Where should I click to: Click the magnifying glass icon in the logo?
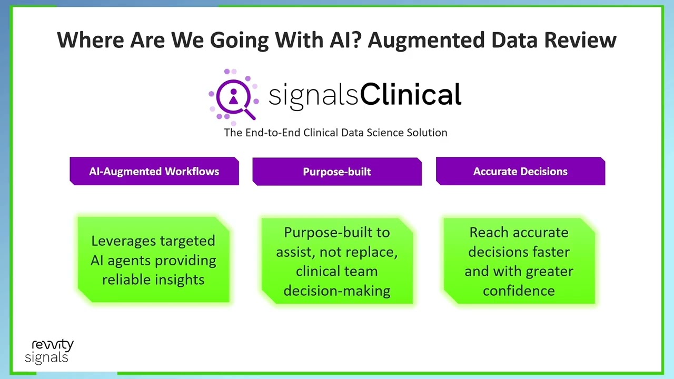[234, 97]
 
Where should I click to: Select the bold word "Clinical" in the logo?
[411, 95]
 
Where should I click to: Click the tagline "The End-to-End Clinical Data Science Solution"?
[335, 133]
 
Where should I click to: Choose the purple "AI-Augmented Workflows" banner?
[154, 172]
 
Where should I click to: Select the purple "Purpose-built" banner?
[337, 172]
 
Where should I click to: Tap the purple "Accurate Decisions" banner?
[520, 172]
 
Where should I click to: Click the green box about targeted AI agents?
[153, 260]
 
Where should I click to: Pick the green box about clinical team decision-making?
[337, 261]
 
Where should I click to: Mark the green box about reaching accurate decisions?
[519, 261]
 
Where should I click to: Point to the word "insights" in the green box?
[179, 280]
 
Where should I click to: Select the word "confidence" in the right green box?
[519, 291]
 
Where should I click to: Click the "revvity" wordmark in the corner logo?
[53, 345]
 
